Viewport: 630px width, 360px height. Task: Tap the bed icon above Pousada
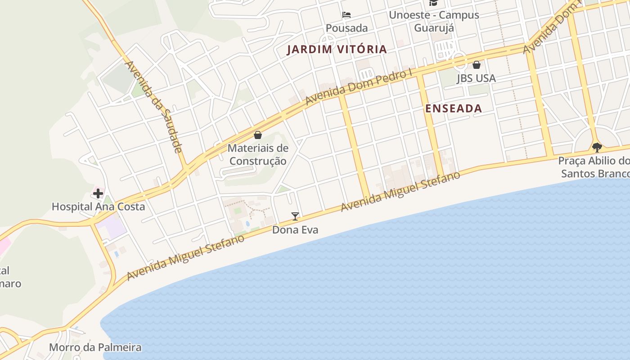pyautogui.click(x=346, y=15)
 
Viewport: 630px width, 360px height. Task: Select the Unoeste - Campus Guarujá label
pyautogui.click(x=433, y=21)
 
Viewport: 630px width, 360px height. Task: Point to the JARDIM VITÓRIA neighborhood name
pyautogui.click(x=337, y=49)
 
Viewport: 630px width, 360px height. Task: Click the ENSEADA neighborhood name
pyautogui.click(x=454, y=108)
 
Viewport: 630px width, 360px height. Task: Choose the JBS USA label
pyautogui.click(x=476, y=78)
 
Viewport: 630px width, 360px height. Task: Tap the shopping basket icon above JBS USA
pyautogui.click(x=476, y=65)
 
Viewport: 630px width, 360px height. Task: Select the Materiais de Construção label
pyautogui.click(x=258, y=154)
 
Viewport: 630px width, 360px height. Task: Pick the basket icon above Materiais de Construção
pyautogui.click(x=258, y=135)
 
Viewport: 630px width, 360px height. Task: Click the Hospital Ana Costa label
pyautogui.click(x=98, y=207)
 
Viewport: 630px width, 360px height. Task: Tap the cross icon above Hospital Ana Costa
pyautogui.click(x=98, y=194)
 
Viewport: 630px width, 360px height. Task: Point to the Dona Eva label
pyautogui.click(x=295, y=230)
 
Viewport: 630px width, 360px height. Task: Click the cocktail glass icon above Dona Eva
pyautogui.click(x=295, y=216)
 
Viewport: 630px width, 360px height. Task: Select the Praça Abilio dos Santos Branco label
pyautogui.click(x=594, y=167)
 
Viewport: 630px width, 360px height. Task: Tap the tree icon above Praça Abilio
pyautogui.click(x=597, y=147)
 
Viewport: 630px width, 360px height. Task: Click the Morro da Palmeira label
pyautogui.click(x=95, y=347)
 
